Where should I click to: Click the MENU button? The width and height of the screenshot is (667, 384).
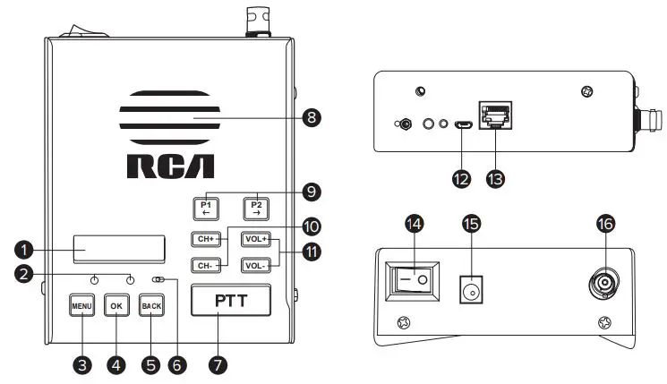pos(82,304)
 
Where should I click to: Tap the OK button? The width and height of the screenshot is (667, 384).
pos(116,304)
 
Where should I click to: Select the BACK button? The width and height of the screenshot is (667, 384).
pos(151,304)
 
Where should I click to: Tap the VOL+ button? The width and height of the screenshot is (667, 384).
pos(256,239)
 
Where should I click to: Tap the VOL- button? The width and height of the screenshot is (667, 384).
pos(256,265)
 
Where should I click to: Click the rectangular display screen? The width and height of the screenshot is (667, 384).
pos(119,248)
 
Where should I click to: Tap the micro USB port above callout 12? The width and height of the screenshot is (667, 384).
pos(461,126)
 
